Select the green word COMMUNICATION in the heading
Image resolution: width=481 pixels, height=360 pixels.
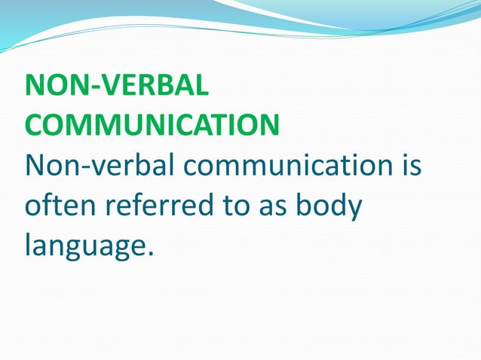click(x=152, y=125)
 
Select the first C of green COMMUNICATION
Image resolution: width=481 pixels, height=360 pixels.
click(x=35, y=125)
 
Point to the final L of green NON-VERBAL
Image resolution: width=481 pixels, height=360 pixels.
click(x=200, y=87)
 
